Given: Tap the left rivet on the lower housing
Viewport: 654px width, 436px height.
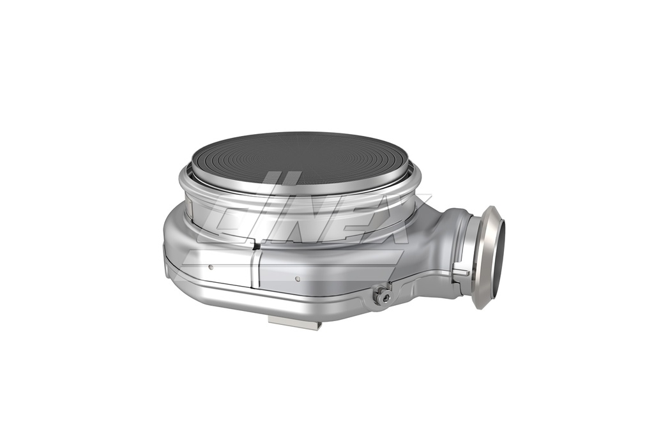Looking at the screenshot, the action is tap(211, 267).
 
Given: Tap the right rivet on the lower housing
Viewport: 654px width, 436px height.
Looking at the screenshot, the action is tap(298, 278).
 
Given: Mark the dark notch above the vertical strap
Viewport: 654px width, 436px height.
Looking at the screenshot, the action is tap(256, 246).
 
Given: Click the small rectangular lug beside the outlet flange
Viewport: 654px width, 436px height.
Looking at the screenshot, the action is tap(460, 271).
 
